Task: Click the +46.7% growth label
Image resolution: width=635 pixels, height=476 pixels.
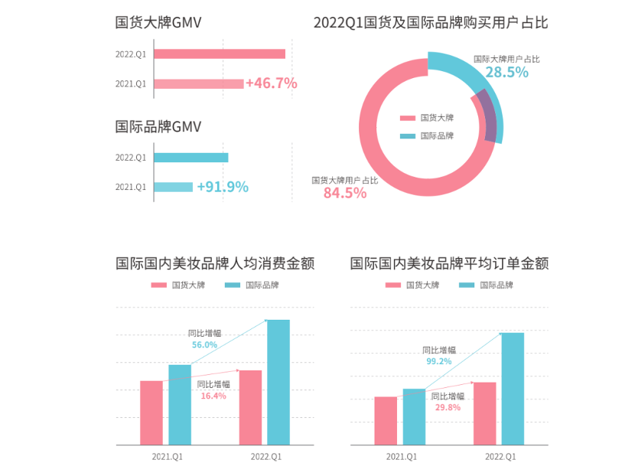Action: pos(272,83)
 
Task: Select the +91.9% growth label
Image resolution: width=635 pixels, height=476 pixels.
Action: pos(223,187)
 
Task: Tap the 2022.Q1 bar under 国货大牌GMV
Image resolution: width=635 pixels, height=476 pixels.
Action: pos(220,54)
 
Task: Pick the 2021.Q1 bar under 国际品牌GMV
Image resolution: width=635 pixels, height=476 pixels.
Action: pos(173,187)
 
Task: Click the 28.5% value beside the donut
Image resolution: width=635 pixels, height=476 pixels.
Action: pos(506,73)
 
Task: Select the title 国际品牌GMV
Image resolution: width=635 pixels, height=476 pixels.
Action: pos(158,127)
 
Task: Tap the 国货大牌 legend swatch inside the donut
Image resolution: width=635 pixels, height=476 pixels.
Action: pos(408,118)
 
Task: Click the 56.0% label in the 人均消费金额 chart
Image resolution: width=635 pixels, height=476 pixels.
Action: pos(204,345)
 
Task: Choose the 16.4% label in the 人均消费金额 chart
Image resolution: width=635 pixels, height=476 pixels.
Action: pos(213,396)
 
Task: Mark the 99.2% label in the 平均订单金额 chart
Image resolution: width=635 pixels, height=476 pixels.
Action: pos(439,361)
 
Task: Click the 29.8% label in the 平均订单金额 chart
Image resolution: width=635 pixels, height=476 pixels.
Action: pos(448,408)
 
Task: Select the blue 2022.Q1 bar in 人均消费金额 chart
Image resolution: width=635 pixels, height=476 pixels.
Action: pos(278,382)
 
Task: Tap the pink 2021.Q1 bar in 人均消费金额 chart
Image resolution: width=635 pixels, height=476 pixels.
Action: pos(151,412)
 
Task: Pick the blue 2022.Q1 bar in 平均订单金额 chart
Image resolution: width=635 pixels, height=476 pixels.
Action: pos(513,388)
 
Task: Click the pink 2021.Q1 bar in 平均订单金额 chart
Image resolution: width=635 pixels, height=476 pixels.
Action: pos(386,420)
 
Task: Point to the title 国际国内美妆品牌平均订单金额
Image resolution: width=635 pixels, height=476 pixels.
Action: pos(449,264)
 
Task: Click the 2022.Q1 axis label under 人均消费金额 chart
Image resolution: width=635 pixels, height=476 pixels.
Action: pos(266,457)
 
